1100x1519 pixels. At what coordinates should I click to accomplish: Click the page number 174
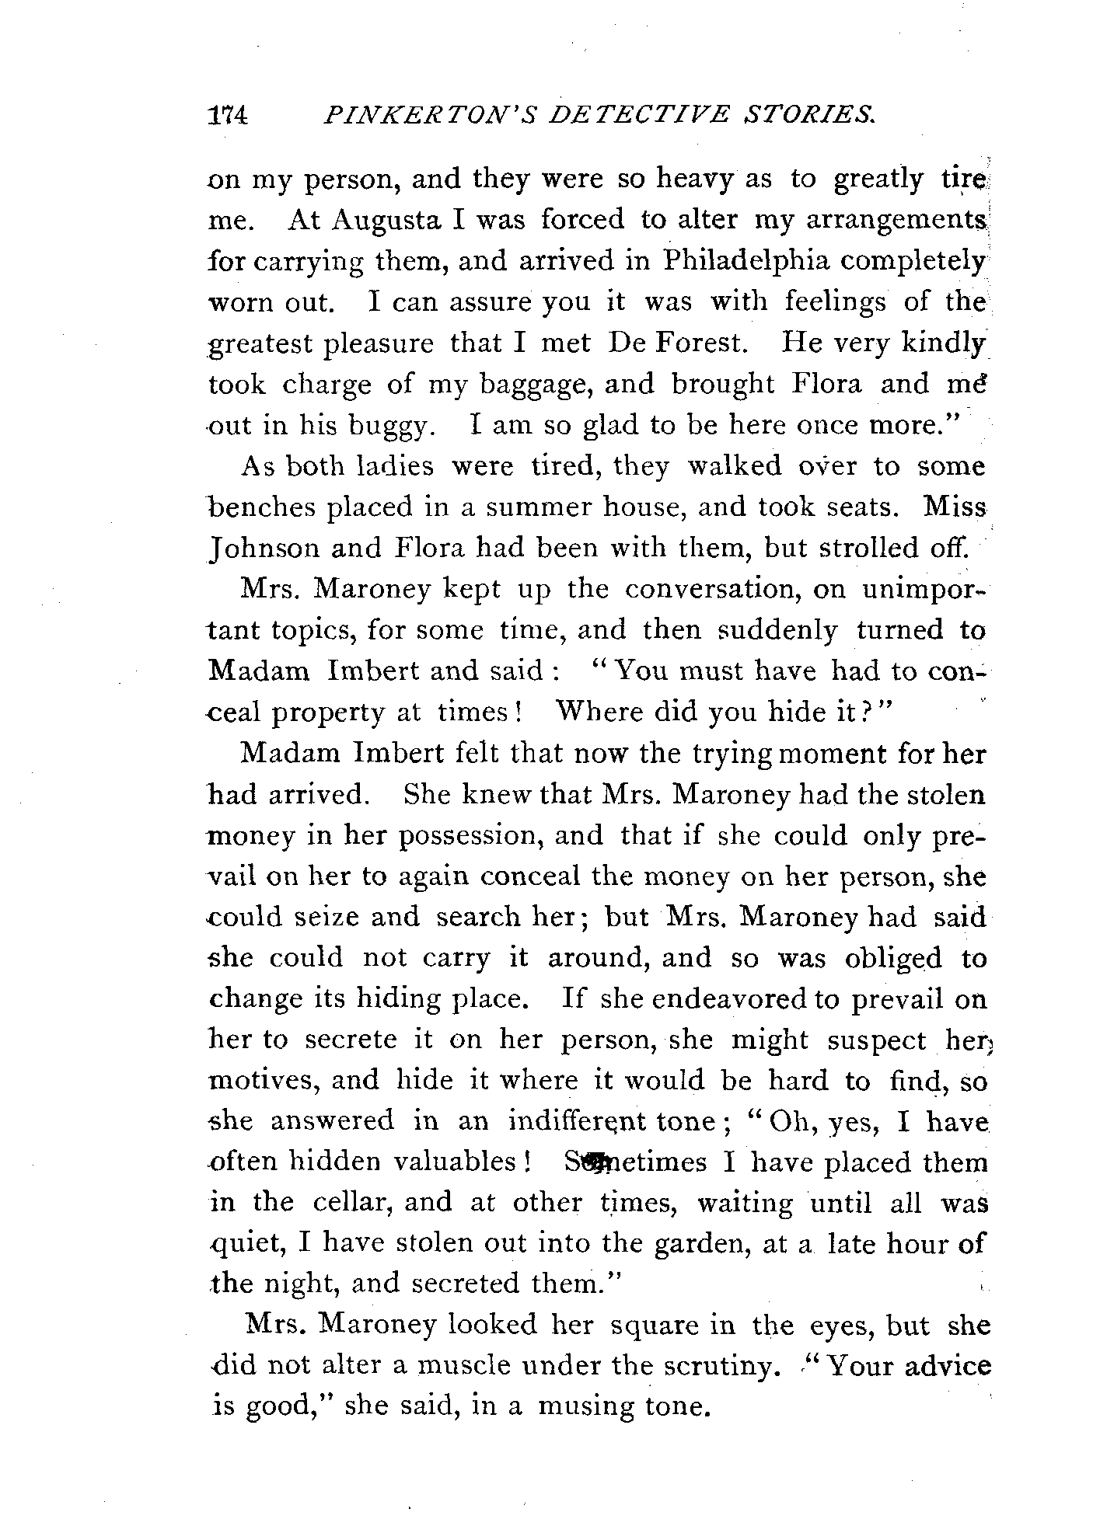click(227, 115)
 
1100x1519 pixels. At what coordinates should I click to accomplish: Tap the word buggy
click(388, 427)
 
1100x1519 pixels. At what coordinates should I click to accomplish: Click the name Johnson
click(263, 549)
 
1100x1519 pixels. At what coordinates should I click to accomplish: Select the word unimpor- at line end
click(924, 591)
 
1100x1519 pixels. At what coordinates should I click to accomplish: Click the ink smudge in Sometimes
click(599, 1163)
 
